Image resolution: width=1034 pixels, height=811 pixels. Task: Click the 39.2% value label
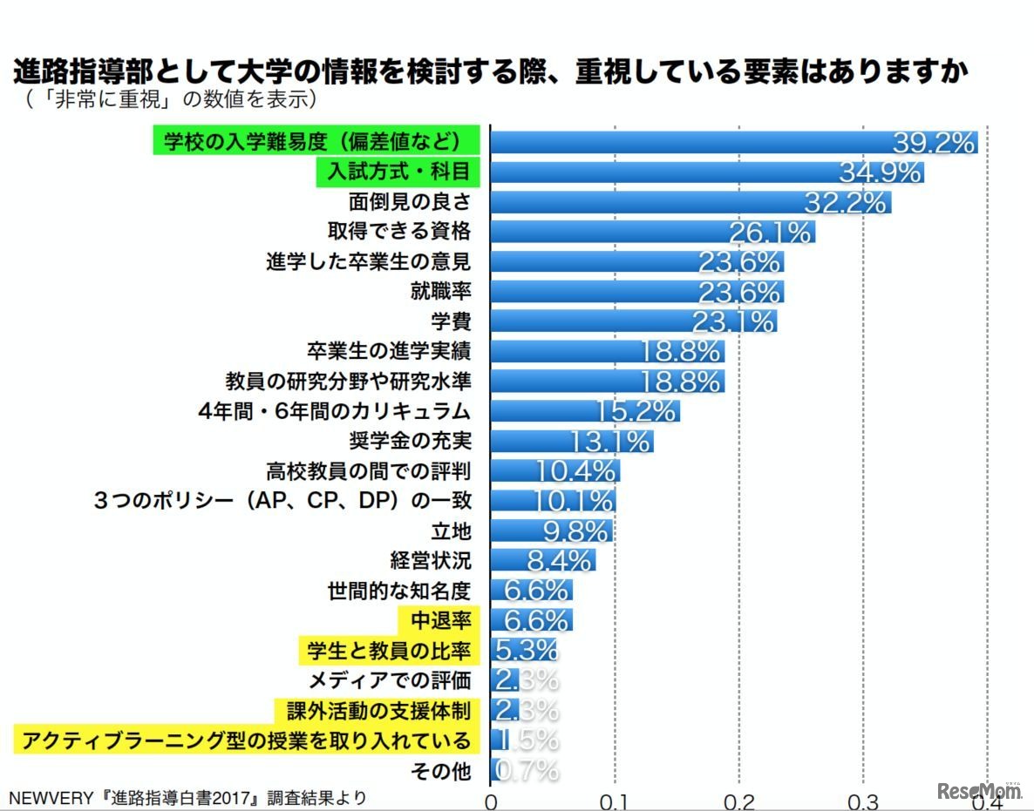[933, 142]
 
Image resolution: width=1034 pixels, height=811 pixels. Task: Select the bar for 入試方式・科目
[706, 172]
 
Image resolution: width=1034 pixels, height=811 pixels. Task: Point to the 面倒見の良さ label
[409, 202]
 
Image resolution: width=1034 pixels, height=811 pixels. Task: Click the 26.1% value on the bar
[771, 232]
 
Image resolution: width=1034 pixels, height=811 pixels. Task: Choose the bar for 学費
[633, 321]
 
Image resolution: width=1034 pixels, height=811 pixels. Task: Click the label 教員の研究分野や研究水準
[348, 381]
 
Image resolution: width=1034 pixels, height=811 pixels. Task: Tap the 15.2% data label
[636, 411]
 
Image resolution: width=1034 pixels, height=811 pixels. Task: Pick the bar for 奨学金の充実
[571, 441]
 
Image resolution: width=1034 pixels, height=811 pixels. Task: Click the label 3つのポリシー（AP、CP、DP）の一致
[282, 501]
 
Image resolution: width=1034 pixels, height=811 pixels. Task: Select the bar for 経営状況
[543, 560]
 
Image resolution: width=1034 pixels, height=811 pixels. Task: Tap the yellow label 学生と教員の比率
[389, 650]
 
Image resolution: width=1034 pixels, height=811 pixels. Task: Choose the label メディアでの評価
[389, 679]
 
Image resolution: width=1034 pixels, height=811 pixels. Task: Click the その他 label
[451, 770]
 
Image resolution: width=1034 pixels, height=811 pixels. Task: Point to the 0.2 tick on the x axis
[739, 799]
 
